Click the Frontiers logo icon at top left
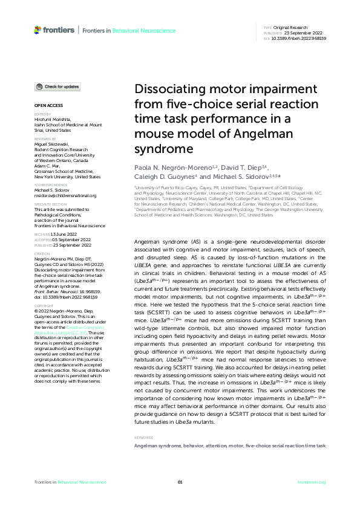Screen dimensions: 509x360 tap(38, 29)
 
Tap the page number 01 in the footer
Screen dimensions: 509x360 tap(180, 482)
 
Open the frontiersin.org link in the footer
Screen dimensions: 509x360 tap(312, 482)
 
